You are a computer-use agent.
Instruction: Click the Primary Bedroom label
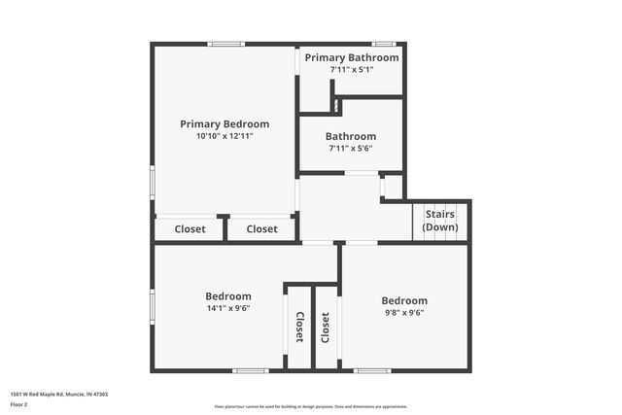tap(225, 124)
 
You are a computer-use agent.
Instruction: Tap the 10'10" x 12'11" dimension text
tap(225, 137)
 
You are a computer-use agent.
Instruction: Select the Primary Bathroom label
tap(351, 58)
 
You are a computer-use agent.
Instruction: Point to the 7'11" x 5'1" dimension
tap(351, 70)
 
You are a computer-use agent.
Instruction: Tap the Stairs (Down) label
tap(440, 221)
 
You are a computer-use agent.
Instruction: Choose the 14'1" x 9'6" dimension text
tap(227, 309)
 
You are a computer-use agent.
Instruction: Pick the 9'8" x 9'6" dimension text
tap(403, 313)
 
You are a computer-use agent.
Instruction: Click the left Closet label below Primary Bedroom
tap(190, 230)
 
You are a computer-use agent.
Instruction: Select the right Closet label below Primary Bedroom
tap(261, 230)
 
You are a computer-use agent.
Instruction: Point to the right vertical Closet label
tap(326, 328)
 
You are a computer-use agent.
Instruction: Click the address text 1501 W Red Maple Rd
tap(58, 395)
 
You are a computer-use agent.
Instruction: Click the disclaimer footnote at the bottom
tap(310, 406)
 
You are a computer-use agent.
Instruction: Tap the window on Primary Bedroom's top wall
tap(225, 43)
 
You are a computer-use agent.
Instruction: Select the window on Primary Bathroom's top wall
tap(384, 43)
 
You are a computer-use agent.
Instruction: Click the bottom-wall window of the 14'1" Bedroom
tap(251, 370)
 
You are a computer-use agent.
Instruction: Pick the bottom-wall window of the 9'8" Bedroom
tap(371, 370)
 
